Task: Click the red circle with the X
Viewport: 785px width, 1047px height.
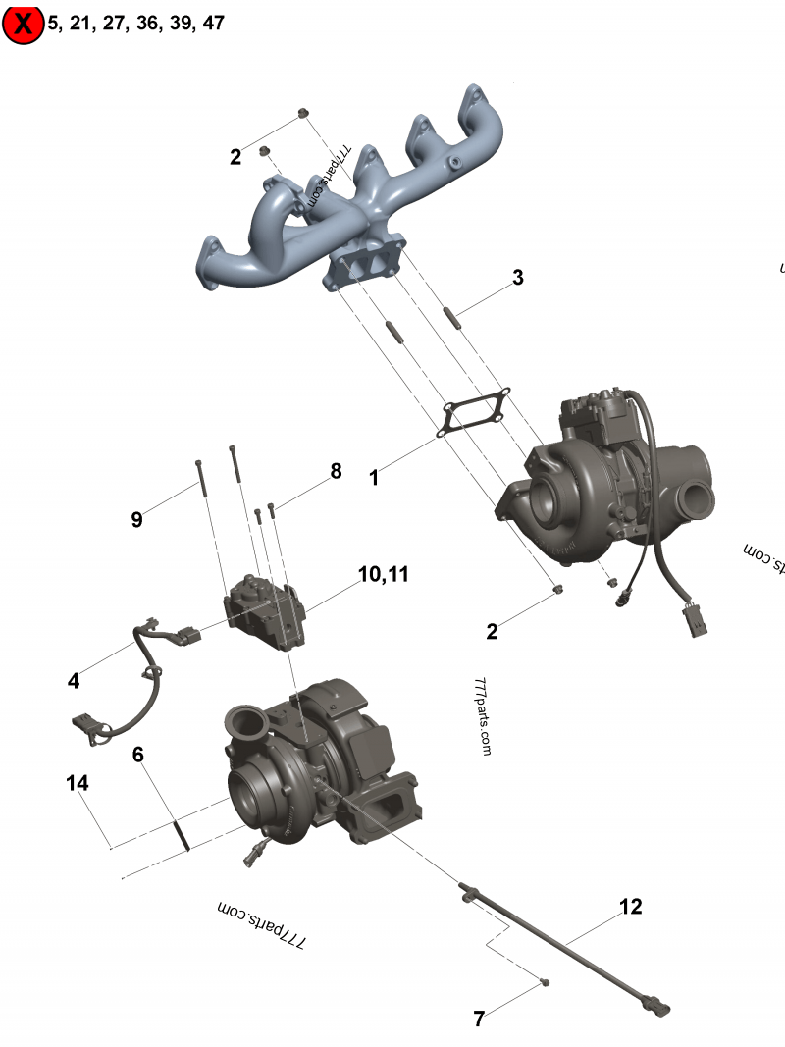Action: pyautogui.click(x=23, y=24)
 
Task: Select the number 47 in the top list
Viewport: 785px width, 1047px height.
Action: pyautogui.click(x=213, y=24)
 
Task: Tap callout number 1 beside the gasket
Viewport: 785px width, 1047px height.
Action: pyautogui.click(x=374, y=477)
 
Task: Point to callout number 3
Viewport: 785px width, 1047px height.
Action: pyautogui.click(x=517, y=278)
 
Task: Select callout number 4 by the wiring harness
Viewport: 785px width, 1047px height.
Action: pyautogui.click(x=74, y=680)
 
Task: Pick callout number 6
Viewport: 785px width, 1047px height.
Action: pyautogui.click(x=138, y=755)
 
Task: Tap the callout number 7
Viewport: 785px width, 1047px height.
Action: pyautogui.click(x=479, y=1019)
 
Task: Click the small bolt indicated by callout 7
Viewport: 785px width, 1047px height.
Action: pyautogui.click(x=545, y=982)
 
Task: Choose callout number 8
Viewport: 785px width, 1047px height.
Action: pyautogui.click(x=336, y=471)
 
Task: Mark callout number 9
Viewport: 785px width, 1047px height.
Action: pyautogui.click(x=136, y=519)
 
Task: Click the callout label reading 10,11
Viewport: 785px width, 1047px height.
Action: pyautogui.click(x=383, y=574)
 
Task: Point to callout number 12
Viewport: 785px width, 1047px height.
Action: pyautogui.click(x=631, y=907)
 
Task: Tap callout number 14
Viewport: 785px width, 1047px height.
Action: pyautogui.click(x=78, y=783)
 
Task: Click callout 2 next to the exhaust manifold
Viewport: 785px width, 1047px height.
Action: pyautogui.click(x=235, y=157)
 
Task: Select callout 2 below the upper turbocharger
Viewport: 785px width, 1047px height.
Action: pyautogui.click(x=492, y=632)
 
